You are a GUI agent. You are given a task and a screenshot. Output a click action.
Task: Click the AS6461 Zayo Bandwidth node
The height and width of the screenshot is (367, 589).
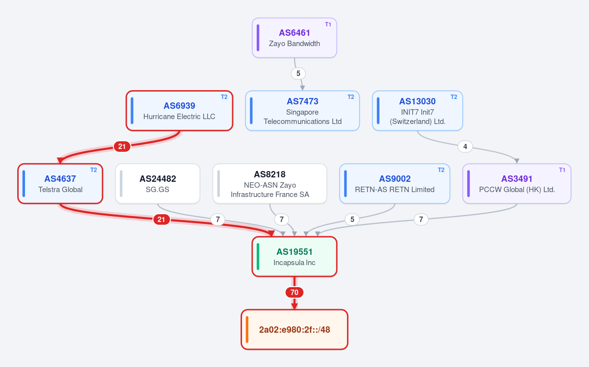pyautogui.click(x=294, y=38)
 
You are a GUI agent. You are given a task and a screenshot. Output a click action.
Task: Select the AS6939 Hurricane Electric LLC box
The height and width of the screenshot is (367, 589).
pyautogui.click(x=179, y=111)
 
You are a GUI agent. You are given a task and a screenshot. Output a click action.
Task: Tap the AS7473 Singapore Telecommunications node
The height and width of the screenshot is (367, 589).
pyautogui.click(x=302, y=111)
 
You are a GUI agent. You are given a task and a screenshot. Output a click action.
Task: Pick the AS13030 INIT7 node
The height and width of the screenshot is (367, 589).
pyautogui.click(x=417, y=111)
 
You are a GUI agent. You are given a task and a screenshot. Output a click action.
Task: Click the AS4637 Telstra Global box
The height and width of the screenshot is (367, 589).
pyautogui.click(x=60, y=184)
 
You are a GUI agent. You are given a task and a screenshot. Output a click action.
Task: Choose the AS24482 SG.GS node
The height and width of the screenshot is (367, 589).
pyautogui.click(x=158, y=184)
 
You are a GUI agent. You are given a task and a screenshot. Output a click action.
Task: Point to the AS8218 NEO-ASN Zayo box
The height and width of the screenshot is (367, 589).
pyautogui.click(x=270, y=184)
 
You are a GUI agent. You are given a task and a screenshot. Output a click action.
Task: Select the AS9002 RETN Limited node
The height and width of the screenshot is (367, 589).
pyautogui.click(x=395, y=184)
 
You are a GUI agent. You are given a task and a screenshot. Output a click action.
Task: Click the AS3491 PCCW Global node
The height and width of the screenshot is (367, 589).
pyautogui.click(x=517, y=184)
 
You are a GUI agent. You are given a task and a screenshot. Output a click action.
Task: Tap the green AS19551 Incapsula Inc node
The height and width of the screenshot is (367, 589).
pyautogui.click(x=294, y=257)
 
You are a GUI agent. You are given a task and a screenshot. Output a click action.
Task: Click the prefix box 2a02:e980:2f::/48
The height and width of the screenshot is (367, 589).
pyautogui.click(x=294, y=330)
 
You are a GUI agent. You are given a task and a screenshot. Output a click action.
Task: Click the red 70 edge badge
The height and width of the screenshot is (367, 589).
pyautogui.click(x=294, y=293)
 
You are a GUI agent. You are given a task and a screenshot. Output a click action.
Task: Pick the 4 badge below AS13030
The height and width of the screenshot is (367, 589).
pyautogui.click(x=465, y=147)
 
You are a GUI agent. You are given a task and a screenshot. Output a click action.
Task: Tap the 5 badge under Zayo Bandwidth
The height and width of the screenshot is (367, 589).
pyautogui.click(x=298, y=73)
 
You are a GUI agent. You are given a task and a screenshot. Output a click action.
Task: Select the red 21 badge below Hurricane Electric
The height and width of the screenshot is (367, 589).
pyautogui.click(x=122, y=147)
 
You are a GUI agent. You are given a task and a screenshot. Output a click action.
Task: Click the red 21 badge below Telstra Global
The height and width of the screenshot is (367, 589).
pyautogui.click(x=161, y=220)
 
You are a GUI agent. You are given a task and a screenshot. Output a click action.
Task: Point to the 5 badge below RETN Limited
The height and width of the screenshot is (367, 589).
pyautogui.click(x=352, y=220)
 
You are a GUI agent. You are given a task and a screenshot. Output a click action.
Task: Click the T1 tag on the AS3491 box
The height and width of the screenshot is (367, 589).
pyautogui.click(x=562, y=170)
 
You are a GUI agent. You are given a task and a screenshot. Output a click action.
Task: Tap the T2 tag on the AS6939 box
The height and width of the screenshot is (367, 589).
pyautogui.click(x=224, y=97)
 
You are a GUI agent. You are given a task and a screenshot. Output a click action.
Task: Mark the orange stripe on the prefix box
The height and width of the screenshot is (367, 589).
pyautogui.click(x=247, y=330)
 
